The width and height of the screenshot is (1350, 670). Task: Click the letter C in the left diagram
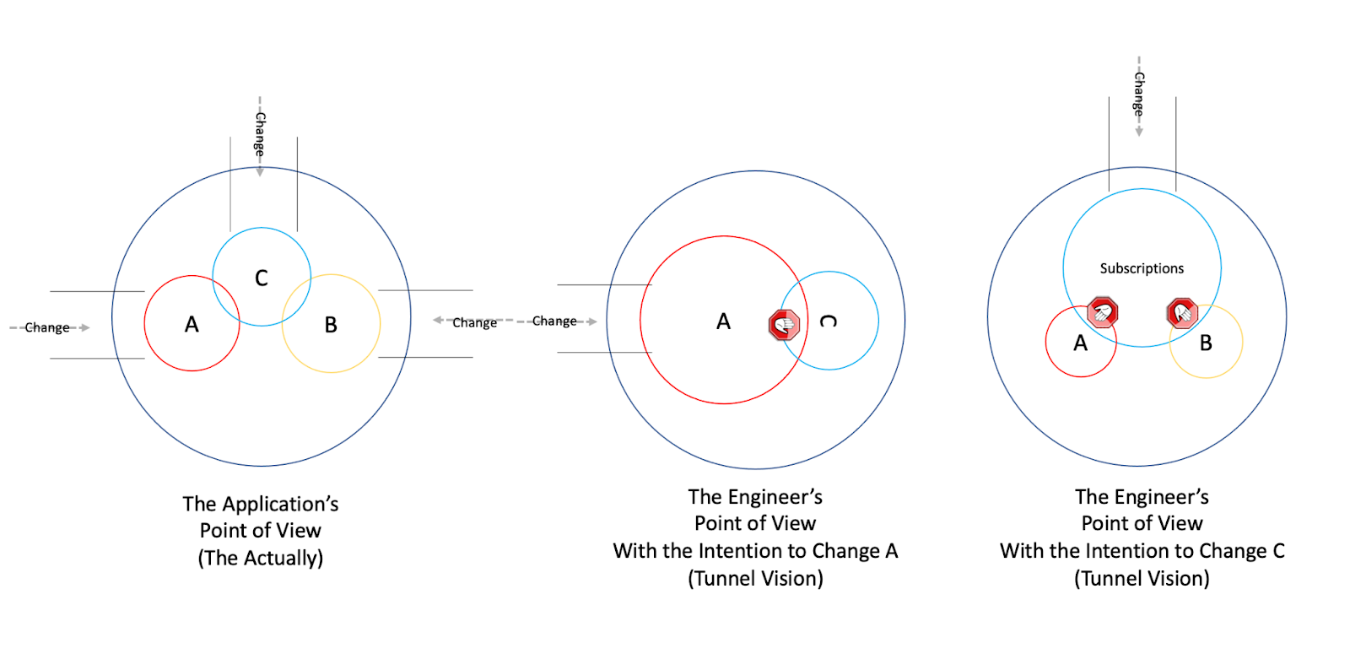pos(262,278)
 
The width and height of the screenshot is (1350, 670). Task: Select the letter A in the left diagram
pos(192,325)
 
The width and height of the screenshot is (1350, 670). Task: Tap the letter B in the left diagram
pos(331,325)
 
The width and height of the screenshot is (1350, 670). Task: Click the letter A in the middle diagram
pos(723,321)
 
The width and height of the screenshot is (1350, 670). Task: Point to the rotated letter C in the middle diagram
pos(829,321)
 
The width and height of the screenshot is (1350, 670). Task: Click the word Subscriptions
pos(1142,268)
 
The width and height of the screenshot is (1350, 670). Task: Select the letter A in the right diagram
pos(1080,343)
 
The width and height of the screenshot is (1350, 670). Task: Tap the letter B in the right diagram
pos(1206,343)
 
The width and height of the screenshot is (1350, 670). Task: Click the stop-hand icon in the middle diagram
pos(784,324)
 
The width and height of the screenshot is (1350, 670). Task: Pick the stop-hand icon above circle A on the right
pos(1102,312)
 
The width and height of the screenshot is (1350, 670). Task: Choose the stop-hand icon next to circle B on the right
pos(1182,313)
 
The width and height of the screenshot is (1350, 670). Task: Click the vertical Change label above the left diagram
pos(260,134)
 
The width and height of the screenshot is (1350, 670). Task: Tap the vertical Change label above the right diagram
pos(1138,94)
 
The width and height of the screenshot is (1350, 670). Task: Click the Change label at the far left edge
pos(47,327)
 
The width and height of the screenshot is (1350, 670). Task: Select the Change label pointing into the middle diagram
pos(554,321)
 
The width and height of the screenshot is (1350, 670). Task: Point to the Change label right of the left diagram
pos(474,322)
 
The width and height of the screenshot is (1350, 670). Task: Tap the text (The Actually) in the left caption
pos(261,559)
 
